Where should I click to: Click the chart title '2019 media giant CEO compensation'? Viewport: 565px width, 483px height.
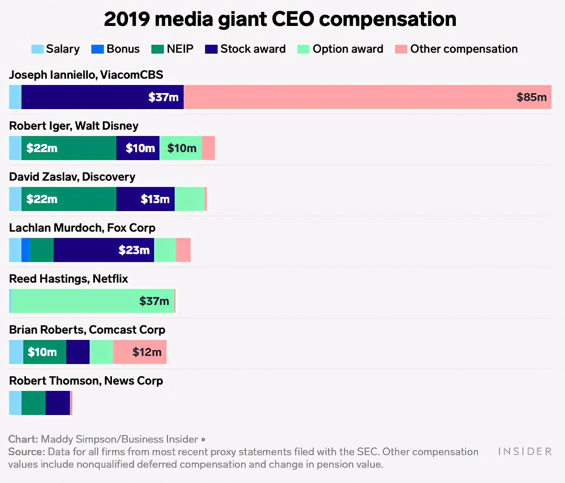pos(280,19)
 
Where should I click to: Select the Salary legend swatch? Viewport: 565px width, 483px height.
pos(38,49)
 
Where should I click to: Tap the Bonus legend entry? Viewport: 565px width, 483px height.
pos(116,49)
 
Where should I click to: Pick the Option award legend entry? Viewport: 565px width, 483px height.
pos(340,49)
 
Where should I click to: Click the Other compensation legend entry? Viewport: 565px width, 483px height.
pos(456,49)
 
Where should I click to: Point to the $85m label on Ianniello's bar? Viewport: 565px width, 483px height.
pos(531,97)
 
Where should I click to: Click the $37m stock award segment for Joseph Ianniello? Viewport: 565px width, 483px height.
pos(103,97)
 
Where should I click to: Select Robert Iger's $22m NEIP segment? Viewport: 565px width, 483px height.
pos(69,148)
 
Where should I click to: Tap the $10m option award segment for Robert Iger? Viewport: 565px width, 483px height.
pos(180,148)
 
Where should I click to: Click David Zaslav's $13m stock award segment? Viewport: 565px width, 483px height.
pos(146,199)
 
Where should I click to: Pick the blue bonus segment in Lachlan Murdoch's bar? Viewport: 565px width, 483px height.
pos(26,250)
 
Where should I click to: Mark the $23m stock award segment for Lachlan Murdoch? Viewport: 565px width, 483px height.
pos(104,250)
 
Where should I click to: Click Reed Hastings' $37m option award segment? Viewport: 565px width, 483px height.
pos(92,301)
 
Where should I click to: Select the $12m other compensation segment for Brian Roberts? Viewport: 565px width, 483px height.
pos(140,352)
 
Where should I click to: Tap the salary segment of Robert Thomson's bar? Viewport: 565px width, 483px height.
pos(15,403)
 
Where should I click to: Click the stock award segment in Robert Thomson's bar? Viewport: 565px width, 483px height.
pos(58,403)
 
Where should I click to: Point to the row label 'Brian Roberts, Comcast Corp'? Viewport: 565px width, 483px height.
pos(87,330)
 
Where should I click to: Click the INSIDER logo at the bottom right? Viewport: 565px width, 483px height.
pos(525,452)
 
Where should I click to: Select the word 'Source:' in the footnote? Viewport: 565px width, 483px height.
pos(26,452)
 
